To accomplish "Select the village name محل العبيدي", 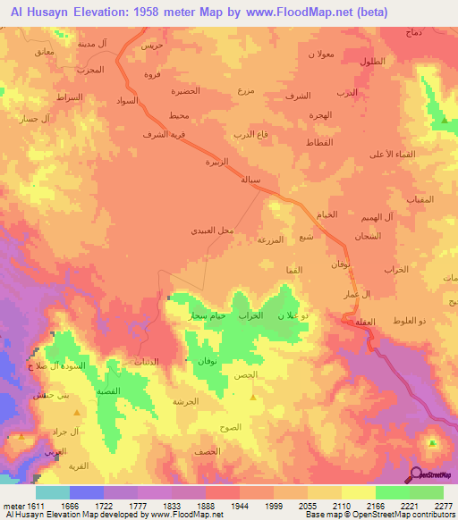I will pyautogui.click(x=212, y=230).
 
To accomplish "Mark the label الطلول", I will pyautogui.click(x=372, y=61).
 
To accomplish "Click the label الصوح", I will pyautogui.click(x=231, y=428).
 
